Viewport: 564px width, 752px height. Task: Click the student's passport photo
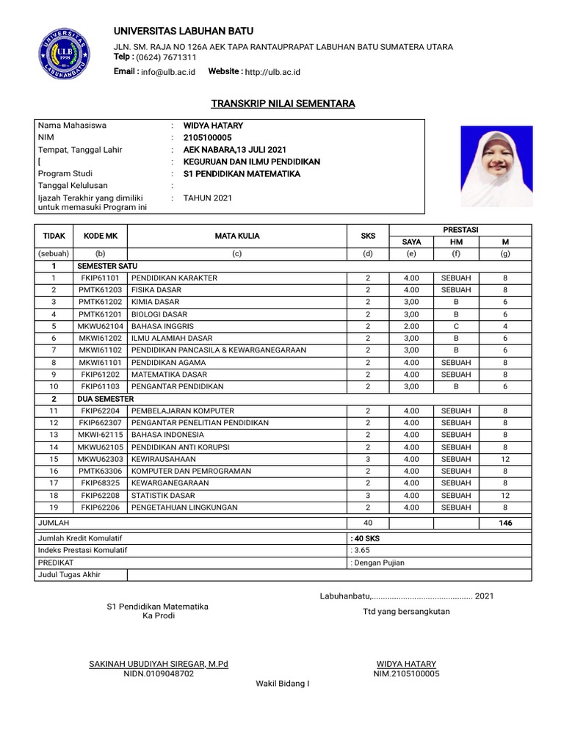click(x=496, y=166)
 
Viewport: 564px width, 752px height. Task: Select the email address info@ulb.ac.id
click(x=168, y=72)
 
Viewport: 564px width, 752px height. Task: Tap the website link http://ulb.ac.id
click(x=272, y=72)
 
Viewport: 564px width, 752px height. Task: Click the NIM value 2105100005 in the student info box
click(x=207, y=137)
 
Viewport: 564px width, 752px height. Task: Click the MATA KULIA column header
click(x=237, y=236)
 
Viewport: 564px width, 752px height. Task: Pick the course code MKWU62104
click(x=101, y=325)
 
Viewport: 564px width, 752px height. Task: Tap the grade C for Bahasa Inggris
click(x=456, y=325)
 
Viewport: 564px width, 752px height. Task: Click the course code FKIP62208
click(x=101, y=495)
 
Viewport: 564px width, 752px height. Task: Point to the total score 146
click(x=505, y=523)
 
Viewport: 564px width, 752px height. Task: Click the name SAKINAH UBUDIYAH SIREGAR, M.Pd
click(x=159, y=663)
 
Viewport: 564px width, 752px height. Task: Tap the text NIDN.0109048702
click(x=159, y=673)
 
